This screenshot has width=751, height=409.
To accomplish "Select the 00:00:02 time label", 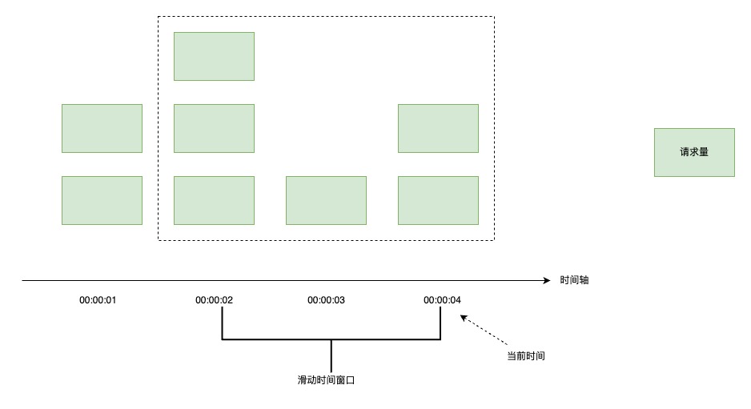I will (x=214, y=300).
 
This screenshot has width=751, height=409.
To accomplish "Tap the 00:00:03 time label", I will (x=326, y=300).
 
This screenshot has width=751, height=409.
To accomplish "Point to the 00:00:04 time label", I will (x=443, y=300).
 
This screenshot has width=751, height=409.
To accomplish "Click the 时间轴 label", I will (x=576, y=281).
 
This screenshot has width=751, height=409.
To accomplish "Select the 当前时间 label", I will (x=526, y=355).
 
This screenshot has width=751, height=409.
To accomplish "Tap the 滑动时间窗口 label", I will (x=326, y=380).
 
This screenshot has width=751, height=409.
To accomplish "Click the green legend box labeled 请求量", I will (x=694, y=152).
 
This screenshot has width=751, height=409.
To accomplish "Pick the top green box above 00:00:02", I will (x=214, y=56).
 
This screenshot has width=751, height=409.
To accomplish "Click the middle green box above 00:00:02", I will (x=214, y=128).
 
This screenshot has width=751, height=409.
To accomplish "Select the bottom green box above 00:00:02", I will (x=214, y=200).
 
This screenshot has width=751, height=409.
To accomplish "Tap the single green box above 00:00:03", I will (x=326, y=200).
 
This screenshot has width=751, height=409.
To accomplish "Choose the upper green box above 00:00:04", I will (x=438, y=128).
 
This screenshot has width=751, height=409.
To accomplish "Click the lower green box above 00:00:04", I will (x=438, y=200).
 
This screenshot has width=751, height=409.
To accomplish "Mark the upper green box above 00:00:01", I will (x=102, y=128).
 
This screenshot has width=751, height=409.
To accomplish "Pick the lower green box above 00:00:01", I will (x=102, y=200).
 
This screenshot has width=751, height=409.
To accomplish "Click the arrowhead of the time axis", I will (x=546, y=281).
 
